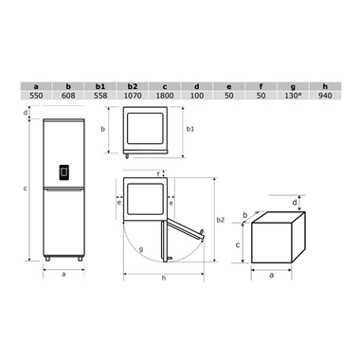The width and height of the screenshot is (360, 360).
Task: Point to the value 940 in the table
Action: point(325,95)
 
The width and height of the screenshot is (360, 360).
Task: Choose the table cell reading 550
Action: point(35,95)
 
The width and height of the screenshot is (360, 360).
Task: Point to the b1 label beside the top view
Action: point(189,128)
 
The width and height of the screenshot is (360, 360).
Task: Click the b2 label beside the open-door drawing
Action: point(221,220)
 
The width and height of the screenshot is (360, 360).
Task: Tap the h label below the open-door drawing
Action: point(163,278)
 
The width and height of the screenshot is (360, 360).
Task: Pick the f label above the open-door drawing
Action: point(158,173)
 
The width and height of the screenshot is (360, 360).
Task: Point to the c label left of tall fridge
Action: point(25,189)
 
